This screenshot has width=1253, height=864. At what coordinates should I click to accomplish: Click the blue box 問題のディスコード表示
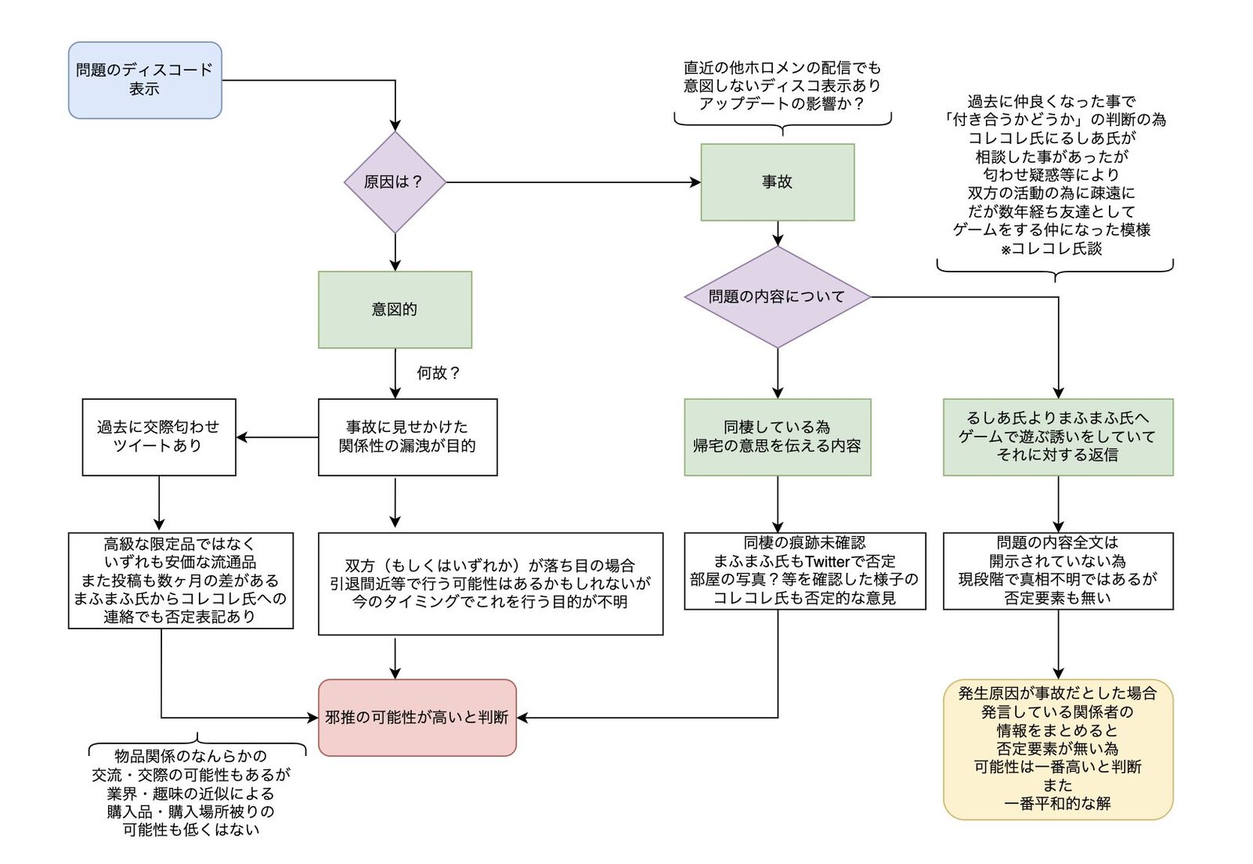(x=145, y=81)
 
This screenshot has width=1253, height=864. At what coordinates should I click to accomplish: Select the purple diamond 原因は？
(x=395, y=182)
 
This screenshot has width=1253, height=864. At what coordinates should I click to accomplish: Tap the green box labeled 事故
(x=777, y=182)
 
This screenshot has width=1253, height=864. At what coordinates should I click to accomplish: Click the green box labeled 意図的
(x=395, y=310)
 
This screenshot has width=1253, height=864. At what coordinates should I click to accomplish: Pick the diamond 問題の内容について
(x=777, y=297)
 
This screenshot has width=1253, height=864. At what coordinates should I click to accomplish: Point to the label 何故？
(x=438, y=373)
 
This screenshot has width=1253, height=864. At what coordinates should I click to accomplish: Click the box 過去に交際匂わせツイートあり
(x=159, y=437)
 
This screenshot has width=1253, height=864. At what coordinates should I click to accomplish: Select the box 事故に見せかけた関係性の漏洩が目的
(x=407, y=437)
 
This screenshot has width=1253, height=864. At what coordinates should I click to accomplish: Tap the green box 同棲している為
(x=777, y=437)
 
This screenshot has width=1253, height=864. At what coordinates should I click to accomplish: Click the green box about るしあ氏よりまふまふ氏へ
(x=1058, y=437)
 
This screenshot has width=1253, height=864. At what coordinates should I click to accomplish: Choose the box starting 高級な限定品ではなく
(x=180, y=580)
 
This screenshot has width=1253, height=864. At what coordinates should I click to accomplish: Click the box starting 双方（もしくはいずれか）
(x=490, y=584)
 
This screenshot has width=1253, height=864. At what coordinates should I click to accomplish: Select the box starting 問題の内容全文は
(x=1058, y=571)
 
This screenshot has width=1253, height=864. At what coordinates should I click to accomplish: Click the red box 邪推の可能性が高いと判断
(x=417, y=718)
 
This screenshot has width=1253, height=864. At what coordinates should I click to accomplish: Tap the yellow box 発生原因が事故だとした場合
(x=1058, y=749)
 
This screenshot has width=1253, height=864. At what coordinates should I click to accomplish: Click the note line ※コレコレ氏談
(x=1052, y=249)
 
